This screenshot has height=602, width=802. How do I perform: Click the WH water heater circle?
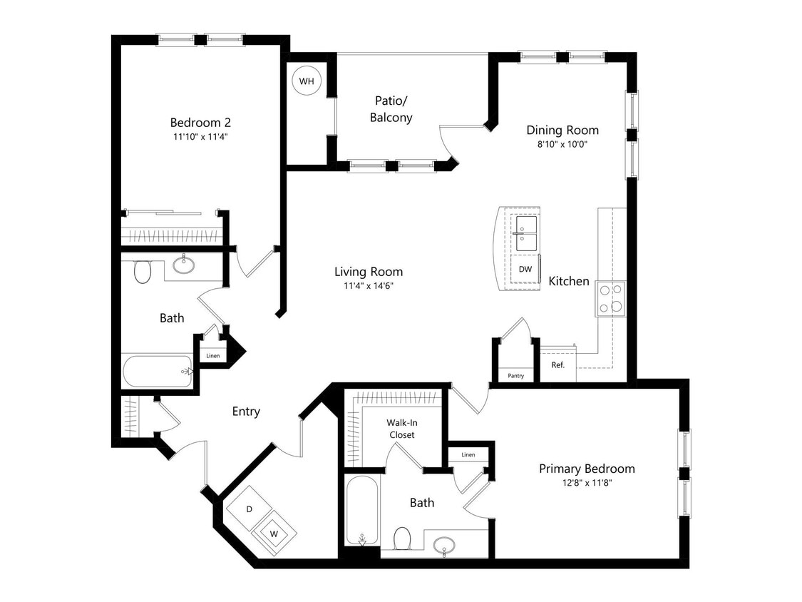[306, 81]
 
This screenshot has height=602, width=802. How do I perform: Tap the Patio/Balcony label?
[391, 109]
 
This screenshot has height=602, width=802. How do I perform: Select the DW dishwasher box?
[525, 269]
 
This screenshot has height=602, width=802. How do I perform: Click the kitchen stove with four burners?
[610, 299]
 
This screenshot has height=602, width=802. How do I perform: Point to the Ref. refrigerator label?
[557, 365]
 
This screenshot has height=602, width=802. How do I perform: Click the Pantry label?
[515, 376]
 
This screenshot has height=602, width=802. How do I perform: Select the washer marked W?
[272, 531]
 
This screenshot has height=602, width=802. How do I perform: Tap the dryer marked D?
[250, 509]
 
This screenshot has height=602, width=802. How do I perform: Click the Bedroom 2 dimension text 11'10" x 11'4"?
[200, 136]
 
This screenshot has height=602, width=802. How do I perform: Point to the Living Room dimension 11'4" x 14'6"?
[369, 285]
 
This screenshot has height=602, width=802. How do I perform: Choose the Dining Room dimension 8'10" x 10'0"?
[562, 143]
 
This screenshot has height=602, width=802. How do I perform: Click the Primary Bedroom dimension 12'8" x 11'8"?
[587, 483]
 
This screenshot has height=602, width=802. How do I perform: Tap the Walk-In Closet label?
[401, 428]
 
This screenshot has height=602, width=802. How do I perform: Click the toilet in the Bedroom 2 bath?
[143, 271]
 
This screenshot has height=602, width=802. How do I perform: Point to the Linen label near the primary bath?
[468, 454]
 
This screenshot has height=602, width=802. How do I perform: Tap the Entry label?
[246, 412]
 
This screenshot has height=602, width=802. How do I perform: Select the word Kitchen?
[568, 281]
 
